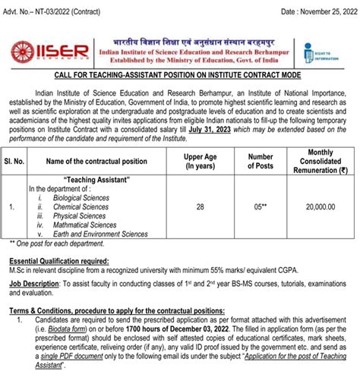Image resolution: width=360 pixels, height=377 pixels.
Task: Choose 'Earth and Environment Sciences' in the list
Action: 110,234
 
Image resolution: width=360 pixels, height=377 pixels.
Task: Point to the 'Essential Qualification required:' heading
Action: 59,260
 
